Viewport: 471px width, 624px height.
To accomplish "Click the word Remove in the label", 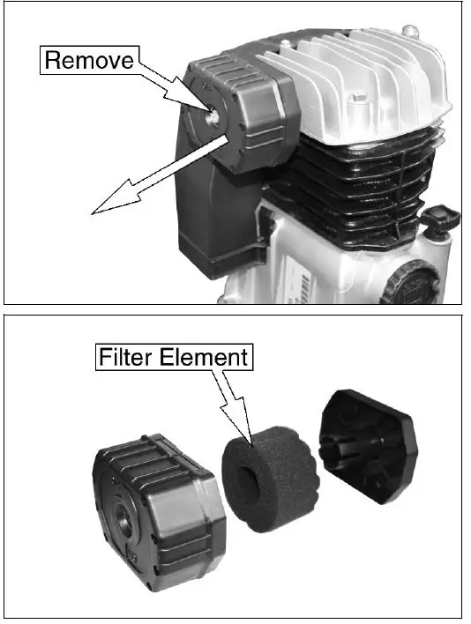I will click(x=88, y=61).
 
